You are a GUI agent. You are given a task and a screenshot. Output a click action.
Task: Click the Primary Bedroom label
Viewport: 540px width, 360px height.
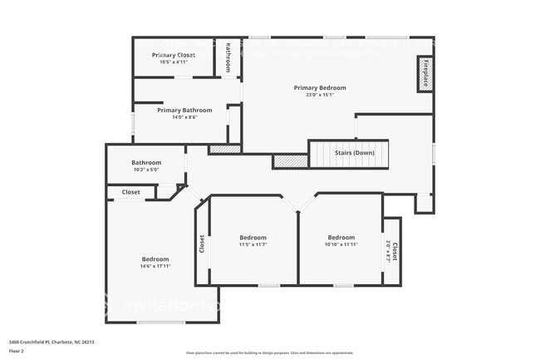tap(320, 87)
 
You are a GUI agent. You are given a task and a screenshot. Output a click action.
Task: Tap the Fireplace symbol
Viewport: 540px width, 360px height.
tap(425, 74)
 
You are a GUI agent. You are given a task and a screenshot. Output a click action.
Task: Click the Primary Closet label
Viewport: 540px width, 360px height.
tap(173, 55)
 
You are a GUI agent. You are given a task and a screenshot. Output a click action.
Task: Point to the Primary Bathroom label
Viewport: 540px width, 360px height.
tap(184, 110)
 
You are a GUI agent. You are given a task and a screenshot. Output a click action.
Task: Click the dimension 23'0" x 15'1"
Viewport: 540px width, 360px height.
tap(320, 95)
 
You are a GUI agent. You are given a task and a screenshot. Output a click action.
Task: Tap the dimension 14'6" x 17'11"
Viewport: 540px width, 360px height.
tap(155, 266)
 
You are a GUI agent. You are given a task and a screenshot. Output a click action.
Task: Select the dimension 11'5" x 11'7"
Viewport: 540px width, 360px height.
tap(253, 244)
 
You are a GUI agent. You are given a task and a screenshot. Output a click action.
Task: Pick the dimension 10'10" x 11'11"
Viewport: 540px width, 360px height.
tap(341, 244)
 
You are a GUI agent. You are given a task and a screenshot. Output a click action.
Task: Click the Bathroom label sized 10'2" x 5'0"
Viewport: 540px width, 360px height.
tap(146, 162)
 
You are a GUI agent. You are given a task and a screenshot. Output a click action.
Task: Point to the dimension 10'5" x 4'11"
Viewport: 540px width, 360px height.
tap(173, 62)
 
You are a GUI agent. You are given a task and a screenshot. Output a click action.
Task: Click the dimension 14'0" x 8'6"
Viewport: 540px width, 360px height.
tap(184, 117)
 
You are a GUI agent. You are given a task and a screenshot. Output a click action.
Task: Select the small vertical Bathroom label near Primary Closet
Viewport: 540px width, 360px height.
tap(228, 57)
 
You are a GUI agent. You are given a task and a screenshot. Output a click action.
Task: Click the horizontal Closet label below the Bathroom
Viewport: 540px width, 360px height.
tap(131, 192)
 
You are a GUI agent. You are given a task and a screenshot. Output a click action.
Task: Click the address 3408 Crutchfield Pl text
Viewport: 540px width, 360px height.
tap(52, 342)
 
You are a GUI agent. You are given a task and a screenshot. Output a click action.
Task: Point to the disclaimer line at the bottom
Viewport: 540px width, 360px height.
tap(269, 353)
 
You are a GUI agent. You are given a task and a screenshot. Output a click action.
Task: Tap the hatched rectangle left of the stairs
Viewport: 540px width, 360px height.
tap(290, 161)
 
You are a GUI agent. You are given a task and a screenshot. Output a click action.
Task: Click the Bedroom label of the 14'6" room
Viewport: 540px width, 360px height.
tap(155, 259)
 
